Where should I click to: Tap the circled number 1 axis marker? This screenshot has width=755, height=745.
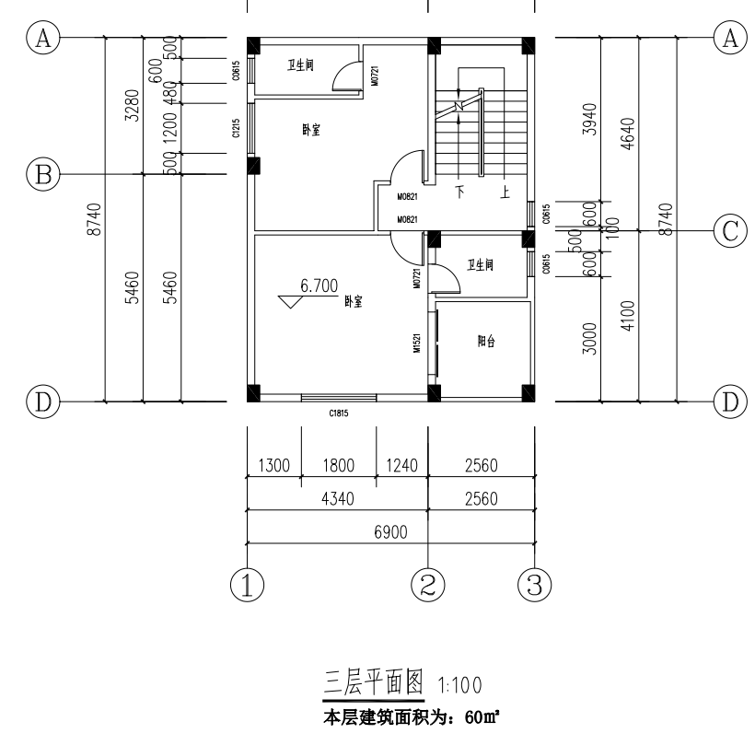(248, 584)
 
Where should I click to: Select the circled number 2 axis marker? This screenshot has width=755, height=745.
(429, 584)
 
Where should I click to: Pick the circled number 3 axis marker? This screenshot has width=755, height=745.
(534, 584)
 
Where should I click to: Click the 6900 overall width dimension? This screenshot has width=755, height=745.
(391, 532)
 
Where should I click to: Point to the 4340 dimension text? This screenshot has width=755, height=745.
(337, 499)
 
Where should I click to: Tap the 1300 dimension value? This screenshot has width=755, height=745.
(273, 466)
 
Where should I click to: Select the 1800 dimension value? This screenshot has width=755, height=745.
(338, 466)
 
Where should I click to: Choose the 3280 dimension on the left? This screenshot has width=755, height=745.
(132, 105)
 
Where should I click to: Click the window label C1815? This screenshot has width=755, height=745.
(338, 414)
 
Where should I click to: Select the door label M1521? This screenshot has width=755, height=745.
(417, 343)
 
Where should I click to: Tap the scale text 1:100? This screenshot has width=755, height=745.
(457, 686)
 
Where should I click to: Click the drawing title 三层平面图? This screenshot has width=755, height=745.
(372, 683)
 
